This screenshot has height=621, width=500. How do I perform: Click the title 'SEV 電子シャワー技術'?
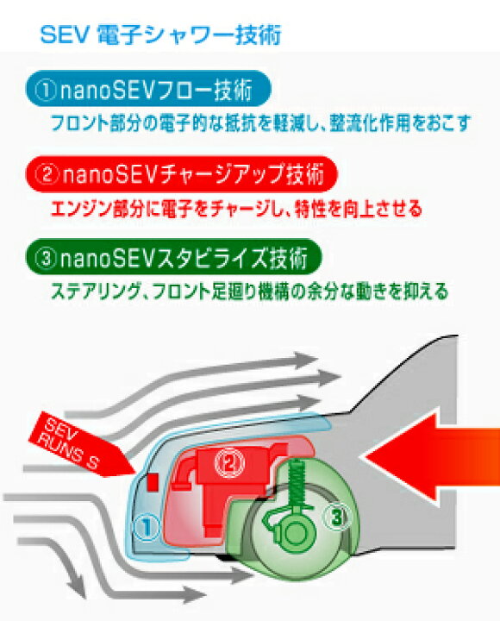coord(160,34)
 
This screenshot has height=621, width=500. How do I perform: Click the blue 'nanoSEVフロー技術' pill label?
coord(148,88)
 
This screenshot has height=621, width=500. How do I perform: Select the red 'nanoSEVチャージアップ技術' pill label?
coord(181,174)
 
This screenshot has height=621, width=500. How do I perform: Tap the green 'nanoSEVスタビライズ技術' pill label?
coord(173,257)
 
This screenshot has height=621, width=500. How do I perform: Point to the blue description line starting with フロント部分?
coord(261,122)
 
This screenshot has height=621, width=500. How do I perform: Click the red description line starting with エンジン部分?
coord(236,209)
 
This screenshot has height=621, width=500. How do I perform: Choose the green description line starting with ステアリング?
coord(250,292)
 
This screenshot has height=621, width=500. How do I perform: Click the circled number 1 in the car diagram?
coord(147,527)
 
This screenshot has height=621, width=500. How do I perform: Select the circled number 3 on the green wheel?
coord(337,517)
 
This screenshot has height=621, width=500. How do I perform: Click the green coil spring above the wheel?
coord(297,484)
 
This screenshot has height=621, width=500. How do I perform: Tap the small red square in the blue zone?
coord(153,482)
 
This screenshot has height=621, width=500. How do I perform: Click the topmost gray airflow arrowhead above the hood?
coord(305,360)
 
